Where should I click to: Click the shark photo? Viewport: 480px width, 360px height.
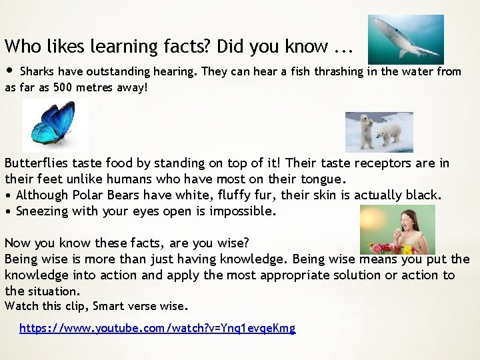405,39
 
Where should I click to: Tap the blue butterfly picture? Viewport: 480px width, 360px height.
55,125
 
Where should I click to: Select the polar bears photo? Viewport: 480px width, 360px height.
379,131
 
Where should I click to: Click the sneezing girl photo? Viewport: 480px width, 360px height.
397,229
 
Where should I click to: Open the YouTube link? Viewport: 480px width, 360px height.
157,328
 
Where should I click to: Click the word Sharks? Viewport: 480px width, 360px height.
37,71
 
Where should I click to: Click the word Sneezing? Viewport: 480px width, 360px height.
43,211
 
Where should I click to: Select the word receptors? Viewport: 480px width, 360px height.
383,163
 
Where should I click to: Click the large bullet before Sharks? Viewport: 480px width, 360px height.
9,71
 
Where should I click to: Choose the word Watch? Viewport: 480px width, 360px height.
22,306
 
